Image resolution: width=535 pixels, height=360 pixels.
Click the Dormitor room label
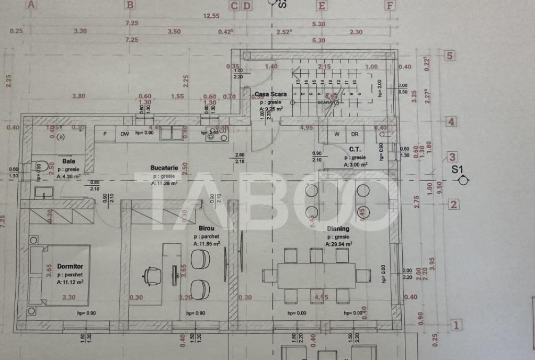pyautogui.click(x=70, y=266)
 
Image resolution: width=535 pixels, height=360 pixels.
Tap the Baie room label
pyautogui.click(x=69, y=161)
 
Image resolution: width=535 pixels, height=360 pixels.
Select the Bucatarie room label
pyautogui.click(x=164, y=168)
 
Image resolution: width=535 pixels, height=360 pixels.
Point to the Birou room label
pyautogui.click(x=206, y=229)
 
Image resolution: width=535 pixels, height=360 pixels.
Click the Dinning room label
pyautogui.click(x=338, y=229)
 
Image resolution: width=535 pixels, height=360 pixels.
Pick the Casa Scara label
pyautogui.click(x=270, y=95)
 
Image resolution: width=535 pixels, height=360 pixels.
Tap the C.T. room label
pyautogui.click(x=355, y=149)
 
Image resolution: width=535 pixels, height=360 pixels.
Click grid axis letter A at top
pyautogui.click(x=31, y=5)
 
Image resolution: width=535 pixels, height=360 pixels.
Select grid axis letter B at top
pyautogui.click(x=130, y=5)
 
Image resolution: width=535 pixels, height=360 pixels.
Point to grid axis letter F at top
pyautogui.click(x=389, y=5)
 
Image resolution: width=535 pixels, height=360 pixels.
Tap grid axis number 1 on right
pyautogui.click(x=456, y=325)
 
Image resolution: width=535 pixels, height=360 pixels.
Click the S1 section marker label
pyautogui.click(x=458, y=170)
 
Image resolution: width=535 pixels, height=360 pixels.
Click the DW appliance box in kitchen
pyautogui.click(x=124, y=134)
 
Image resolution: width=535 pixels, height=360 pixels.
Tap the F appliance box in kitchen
pyautogui.click(x=105, y=134)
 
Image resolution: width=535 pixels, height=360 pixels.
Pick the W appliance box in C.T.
pyautogui.click(x=337, y=134)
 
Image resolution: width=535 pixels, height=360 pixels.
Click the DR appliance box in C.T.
pyautogui.click(x=355, y=134)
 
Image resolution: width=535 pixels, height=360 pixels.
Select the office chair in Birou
pyautogui.click(x=152, y=275)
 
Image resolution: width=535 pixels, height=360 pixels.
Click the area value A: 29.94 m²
pyautogui.click(x=338, y=244)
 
